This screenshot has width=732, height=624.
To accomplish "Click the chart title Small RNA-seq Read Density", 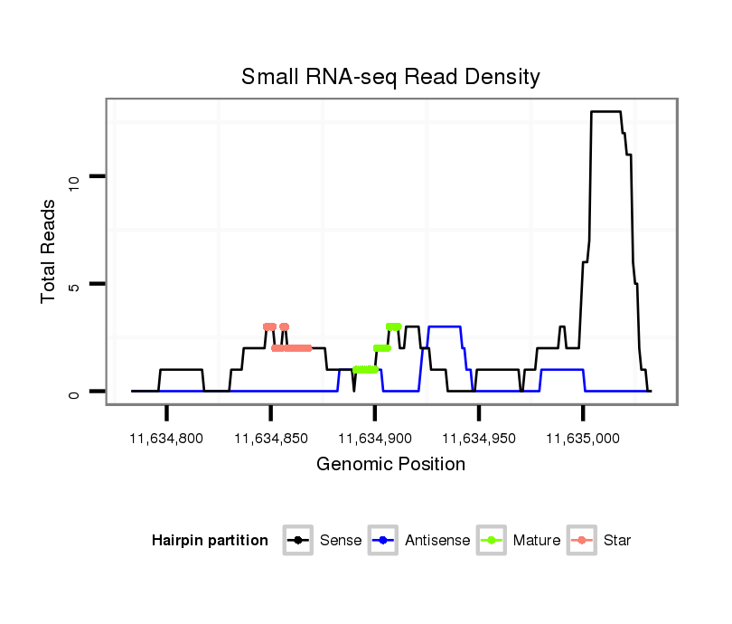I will tap(390, 77).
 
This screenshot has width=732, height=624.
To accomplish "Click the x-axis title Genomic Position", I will tap(391, 465).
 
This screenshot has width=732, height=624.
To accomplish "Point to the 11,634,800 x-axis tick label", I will tap(166, 439).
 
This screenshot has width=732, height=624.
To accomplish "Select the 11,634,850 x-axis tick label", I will tap(271, 439).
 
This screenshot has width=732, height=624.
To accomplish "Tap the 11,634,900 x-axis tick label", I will tap(375, 439).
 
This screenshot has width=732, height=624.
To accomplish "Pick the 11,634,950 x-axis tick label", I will tap(479, 439).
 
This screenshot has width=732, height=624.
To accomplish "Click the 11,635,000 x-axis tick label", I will tap(583, 439).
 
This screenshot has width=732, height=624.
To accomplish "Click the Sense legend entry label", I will tap(341, 541).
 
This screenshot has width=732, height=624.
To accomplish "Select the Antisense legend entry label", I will tap(437, 541).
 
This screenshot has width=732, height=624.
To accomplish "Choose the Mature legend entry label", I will tap(536, 541).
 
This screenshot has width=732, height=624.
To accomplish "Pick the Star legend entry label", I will tap(617, 541).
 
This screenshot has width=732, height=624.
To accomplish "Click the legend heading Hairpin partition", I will tap(210, 541).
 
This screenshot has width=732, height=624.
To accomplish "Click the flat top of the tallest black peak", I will tap(605, 112).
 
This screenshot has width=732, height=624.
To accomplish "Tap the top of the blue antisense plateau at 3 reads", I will tap(444, 326).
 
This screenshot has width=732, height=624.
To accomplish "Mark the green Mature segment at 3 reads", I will tap(393, 326).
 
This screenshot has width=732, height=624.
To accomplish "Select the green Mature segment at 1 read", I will tap(365, 369).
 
